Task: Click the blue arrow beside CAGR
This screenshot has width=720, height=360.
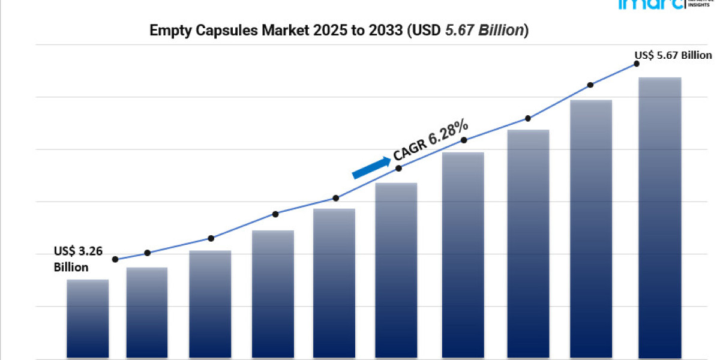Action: coord(370,168)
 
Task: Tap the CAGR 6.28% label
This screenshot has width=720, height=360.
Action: coord(430,140)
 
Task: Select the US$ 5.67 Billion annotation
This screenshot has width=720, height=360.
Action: coord(673,55)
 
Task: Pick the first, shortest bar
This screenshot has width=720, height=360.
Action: coord(88,319)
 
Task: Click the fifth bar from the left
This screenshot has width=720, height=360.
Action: coord(334,283)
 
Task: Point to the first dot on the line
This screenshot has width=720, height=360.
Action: coord(115,259)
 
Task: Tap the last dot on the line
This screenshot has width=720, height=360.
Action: coord(637,63)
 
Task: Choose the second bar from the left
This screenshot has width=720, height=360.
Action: coord(147,313)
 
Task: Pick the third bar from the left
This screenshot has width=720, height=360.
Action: coord(210,304)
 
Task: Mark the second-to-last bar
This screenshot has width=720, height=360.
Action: coord(591,229)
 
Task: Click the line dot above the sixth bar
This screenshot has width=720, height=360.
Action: coord(399,168)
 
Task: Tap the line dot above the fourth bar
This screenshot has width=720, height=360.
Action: coord(275,214)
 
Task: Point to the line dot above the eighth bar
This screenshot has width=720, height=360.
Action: coord(528,118)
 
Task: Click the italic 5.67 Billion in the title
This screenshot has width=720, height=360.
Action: coord(485,31)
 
